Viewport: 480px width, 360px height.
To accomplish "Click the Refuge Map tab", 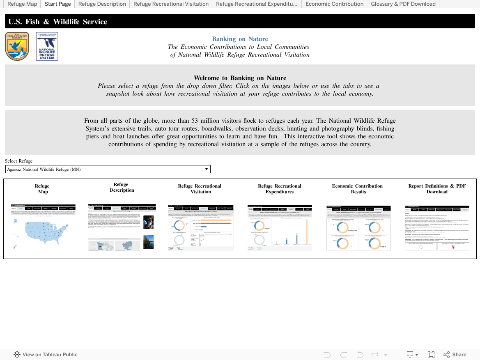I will point(22,4).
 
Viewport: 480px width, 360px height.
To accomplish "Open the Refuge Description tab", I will point(102,4).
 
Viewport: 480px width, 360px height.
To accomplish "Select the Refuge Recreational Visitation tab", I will point(171,4).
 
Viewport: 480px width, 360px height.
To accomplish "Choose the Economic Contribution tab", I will point(334,4).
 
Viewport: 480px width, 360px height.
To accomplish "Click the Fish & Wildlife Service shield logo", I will point(17,46).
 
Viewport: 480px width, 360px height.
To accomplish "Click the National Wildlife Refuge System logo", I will point(47,46).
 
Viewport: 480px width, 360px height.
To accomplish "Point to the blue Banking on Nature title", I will point(240,39).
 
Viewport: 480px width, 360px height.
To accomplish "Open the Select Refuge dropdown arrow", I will point(207,169).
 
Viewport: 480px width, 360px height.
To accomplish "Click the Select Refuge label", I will point(18,161).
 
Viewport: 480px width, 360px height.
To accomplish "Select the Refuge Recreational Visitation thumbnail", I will point(200,228).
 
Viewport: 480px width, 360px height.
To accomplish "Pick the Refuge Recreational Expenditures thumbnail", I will point(279,228).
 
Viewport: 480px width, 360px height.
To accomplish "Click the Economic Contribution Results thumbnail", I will point(358,228).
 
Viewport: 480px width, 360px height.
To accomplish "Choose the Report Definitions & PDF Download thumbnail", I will point(437,228).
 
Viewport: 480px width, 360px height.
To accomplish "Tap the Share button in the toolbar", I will point(455,355).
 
